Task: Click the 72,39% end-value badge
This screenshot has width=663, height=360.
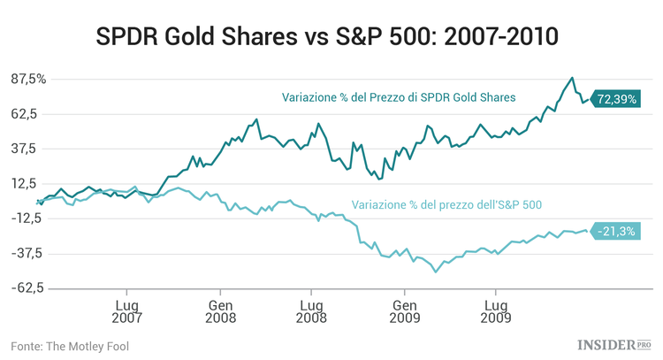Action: (616, 99)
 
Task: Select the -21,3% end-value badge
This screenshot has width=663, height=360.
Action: (615, 231)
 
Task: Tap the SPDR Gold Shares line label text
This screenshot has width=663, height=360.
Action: (399, 97)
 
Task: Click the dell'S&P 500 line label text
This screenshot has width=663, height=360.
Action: (446, 204)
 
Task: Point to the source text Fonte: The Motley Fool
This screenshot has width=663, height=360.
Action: (70, 345)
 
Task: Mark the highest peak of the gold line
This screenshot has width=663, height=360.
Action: (572, 78)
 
